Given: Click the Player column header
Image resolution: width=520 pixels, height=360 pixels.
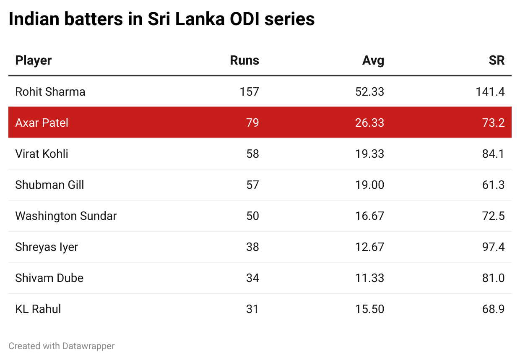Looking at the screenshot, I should (34, 60).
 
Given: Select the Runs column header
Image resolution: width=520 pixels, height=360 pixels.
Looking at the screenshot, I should (244, 60).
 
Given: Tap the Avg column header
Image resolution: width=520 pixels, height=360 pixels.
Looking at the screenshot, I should (373, 60).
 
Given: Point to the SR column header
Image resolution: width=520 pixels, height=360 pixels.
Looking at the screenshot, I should (497, 60).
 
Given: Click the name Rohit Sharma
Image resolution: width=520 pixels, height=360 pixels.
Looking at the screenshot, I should (50, 91).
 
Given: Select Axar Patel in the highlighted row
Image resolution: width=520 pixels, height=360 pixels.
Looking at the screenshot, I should (42, 123).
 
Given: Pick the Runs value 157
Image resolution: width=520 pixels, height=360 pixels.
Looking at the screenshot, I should (250, 91).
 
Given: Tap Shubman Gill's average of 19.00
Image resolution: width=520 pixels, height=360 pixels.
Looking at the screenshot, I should (369, 185).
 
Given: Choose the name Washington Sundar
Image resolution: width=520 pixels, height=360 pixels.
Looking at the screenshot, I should (66, 216).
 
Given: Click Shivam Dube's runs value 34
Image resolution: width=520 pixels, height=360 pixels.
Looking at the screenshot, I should (252, 278).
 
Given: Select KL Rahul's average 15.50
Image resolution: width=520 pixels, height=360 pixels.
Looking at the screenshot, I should (369, 309).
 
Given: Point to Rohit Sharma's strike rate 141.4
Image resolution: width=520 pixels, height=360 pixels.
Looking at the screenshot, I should (490, 91).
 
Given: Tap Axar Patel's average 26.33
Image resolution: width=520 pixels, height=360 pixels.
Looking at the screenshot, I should (369, 123).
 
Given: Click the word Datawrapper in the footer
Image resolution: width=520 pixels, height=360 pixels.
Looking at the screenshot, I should (88, 346).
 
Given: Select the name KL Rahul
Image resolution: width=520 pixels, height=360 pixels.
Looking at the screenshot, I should (38, 309).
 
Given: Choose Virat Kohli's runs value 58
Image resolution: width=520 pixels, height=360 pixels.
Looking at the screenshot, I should (252, 154).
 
